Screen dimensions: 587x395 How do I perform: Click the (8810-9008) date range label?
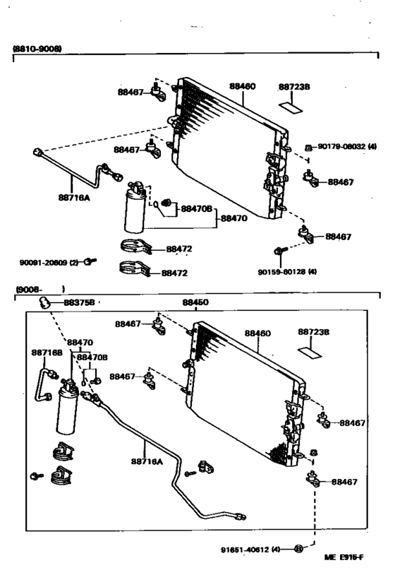point(37,49)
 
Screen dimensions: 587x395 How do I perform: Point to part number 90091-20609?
point(49,262)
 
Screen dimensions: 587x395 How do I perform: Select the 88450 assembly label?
point(195,302)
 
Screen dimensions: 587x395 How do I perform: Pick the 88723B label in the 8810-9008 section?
point(294,87)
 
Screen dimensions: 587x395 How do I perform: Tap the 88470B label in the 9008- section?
point(92,357)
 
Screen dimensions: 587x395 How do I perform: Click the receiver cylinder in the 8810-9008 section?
point(135,211)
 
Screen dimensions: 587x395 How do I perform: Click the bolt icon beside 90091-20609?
point(90,262)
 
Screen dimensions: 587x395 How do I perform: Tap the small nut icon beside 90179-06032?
point(308,148)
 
